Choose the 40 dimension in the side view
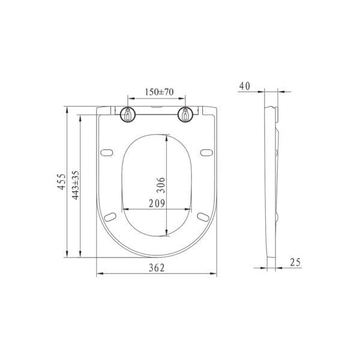(244, 86)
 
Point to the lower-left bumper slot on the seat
(112, 215)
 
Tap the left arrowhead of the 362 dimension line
(99, 275)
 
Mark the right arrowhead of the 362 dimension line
(214, 275)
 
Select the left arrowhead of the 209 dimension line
(124, 209)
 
